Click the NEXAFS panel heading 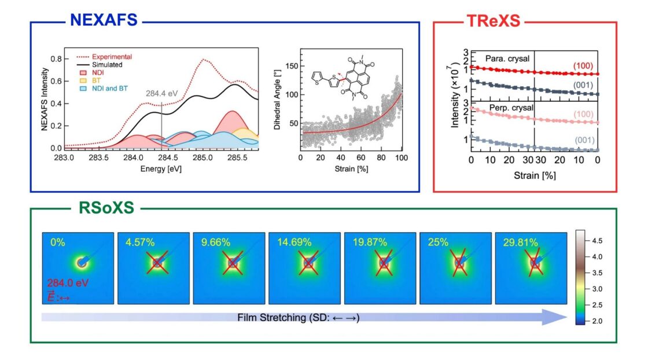pyautogui.click(x=104, y=20)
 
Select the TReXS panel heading pyautogui.click(x=493, y=21)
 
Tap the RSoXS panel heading pyautogui.click(x=106, y=207)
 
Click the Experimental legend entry pyautogui.click(x=104, y=57)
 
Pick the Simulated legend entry pyautogui.click(x=100, y=64)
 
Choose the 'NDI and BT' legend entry pyautogui.click(x=104, y=89)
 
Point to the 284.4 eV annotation pyautogui.click(x=161, y=94)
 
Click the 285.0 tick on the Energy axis pyautogui.click(x=203, y=157)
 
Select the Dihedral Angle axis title pyautogui.click(x=277, y=99)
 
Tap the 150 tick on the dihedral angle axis pyautogui.click(x=292, y=66)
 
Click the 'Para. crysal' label pyautogui.click(x=507, y=58)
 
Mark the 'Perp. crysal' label pyautogui.click(x=511, y=108)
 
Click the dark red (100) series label pyautogui.click(x=583, y=66)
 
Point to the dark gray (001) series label pyautogui.click(x=583, y=85)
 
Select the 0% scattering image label pyautogui.click(x=57, y=242)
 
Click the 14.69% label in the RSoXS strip pyautogui.click(x=294, y=242)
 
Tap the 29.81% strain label pyautogui.click(x=521, y=242)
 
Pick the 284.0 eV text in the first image pyautogui.click(x=68, y=283)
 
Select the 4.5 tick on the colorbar pyautogui.click(x=597, y=241)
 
